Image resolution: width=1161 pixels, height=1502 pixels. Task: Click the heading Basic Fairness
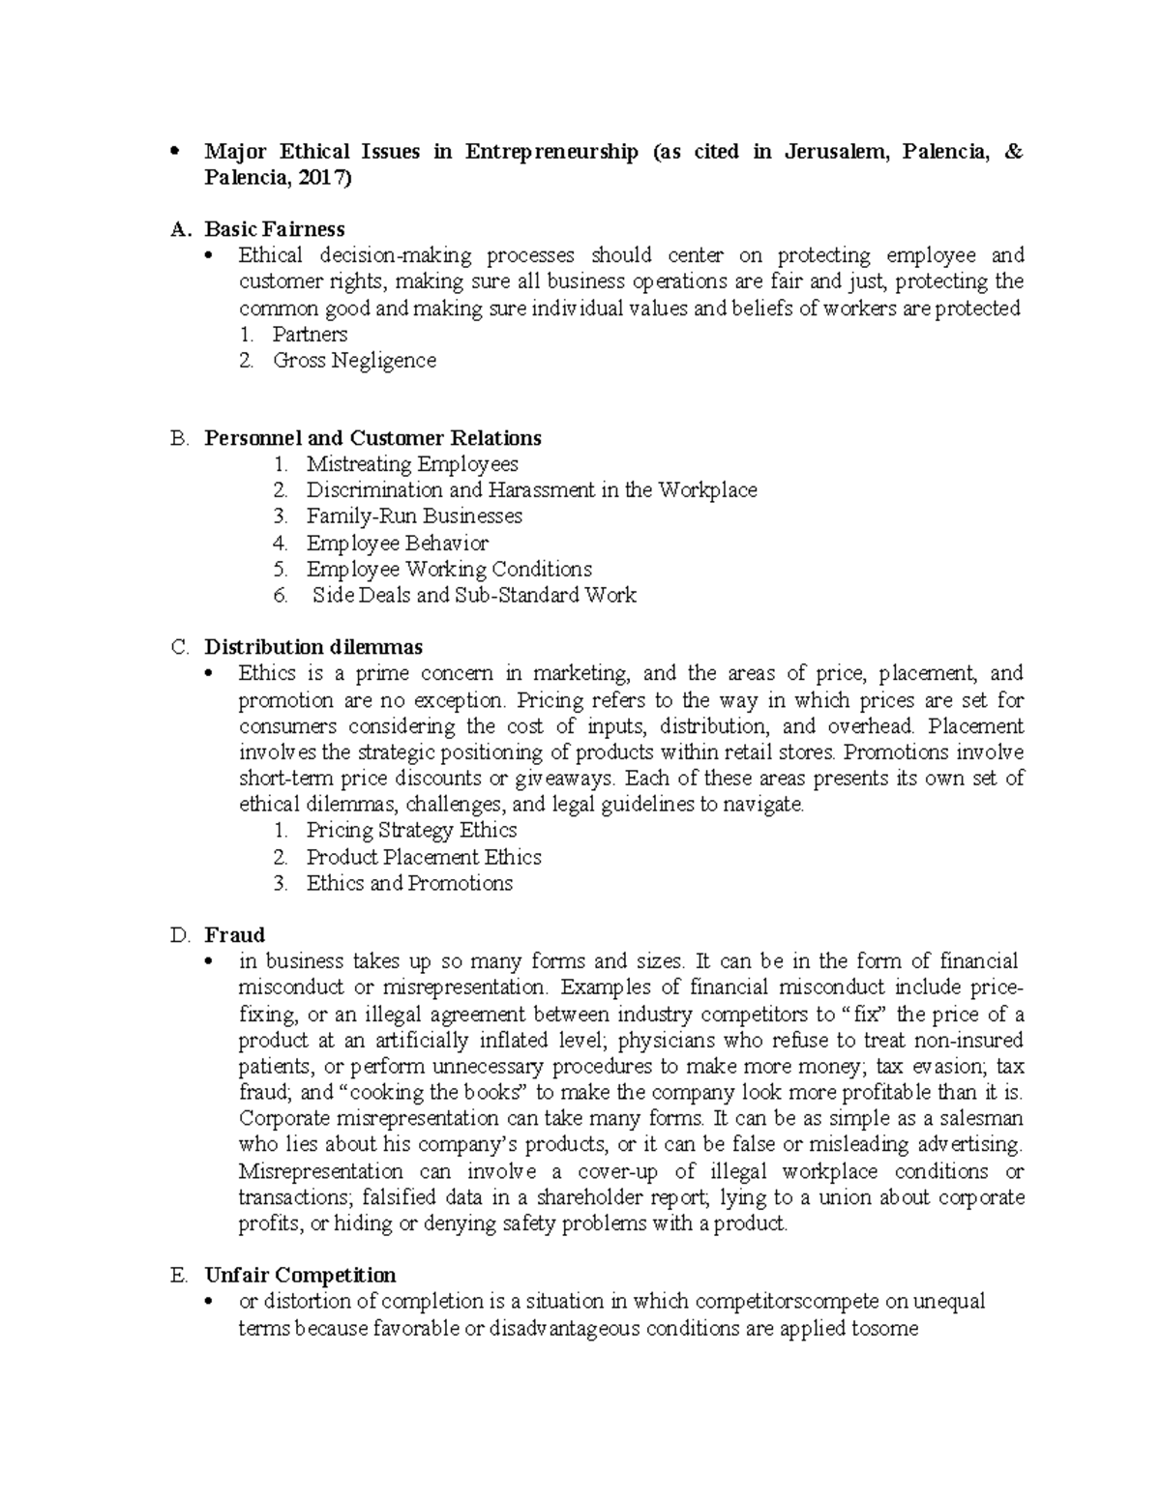(274, 229)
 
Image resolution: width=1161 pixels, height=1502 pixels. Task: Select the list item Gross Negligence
(354, 361)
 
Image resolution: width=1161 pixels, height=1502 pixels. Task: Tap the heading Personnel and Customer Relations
(372, 438)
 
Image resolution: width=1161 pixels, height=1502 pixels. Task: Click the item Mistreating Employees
(412, 464)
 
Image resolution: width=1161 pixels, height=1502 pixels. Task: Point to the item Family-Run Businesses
(414, 516)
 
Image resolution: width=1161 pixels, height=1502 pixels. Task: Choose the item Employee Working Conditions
(449, 569)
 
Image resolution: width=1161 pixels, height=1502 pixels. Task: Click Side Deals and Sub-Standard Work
(474, 595)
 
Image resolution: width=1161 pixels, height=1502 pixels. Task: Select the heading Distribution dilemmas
(313, 647)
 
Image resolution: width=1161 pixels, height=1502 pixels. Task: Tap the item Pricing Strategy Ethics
(411, 830)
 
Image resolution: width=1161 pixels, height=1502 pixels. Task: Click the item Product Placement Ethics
(424, 857)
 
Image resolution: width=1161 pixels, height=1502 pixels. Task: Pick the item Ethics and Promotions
(409, 883)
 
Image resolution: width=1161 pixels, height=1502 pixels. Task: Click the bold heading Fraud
(234, 935)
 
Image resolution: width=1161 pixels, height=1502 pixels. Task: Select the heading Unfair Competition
(300, 1275)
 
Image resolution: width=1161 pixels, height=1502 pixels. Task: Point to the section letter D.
(178, 935)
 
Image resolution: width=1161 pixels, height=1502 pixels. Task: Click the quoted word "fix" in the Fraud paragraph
(866, 1015)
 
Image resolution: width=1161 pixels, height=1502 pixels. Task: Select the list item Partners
(310, 335)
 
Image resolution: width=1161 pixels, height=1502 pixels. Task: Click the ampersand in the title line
(1013, 152)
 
